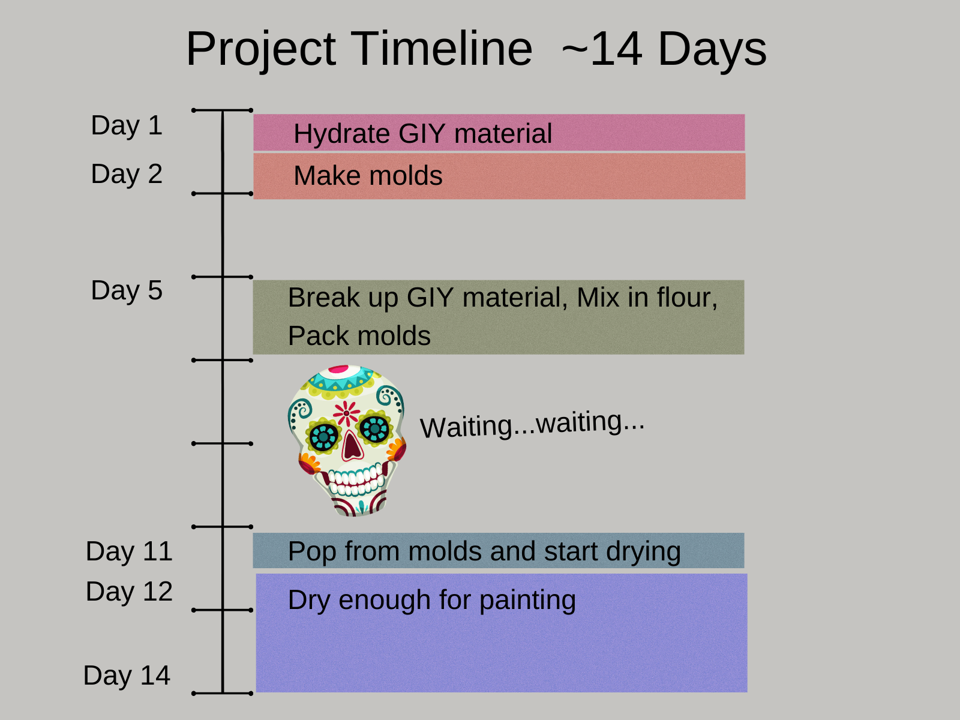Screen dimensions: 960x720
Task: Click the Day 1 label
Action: click(x=127, y=126)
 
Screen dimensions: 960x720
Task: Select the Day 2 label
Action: click(x=127, y=175)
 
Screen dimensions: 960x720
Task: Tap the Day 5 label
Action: click(x=127, y=291)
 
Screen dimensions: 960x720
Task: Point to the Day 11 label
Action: click(x=129, y=551)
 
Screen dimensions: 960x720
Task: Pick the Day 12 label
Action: click(x=129, y=592)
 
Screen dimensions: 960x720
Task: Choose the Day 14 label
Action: click(x=127, y=676)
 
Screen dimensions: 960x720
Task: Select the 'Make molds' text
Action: click(x=368, y=176)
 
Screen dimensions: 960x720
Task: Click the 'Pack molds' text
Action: click(x=359, y=337)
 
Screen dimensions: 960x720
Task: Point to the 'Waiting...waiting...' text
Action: click(x=532, y=424)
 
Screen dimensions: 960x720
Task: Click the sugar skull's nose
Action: click(x=352, y=445)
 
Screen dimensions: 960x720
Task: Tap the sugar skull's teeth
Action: click(x=356, y=480)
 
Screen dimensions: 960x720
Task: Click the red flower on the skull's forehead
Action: click(x=346, y=413)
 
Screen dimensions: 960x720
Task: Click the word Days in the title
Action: click(x=712, y=49)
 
